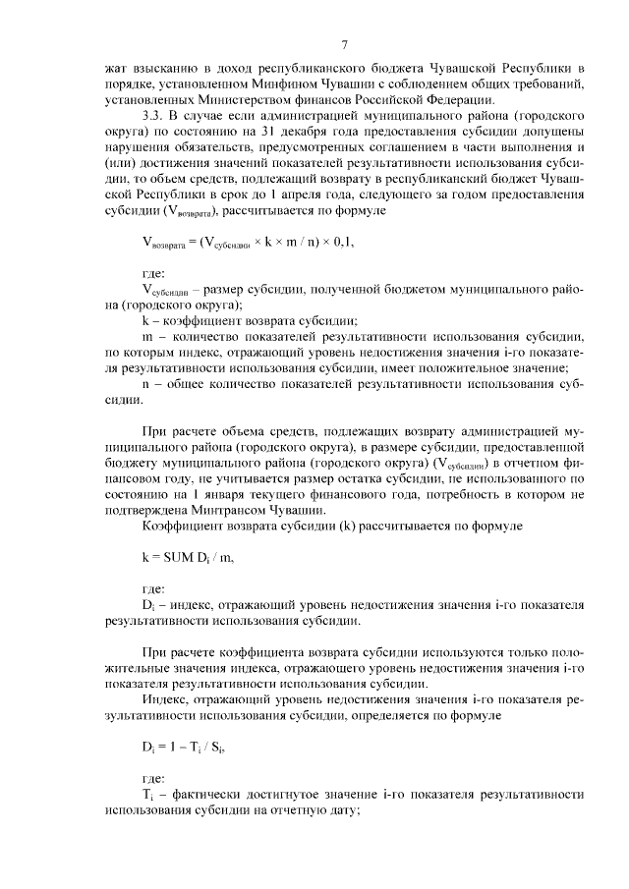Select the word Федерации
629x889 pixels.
(463, 100)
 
